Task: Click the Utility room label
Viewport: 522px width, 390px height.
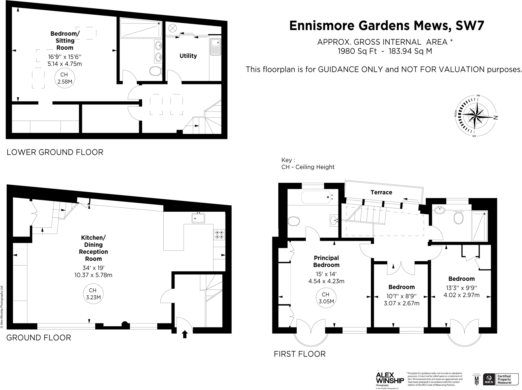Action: point(188,56)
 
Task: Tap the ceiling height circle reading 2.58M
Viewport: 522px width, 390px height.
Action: point(64,78)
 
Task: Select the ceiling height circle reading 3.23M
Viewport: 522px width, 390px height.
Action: point(93,294)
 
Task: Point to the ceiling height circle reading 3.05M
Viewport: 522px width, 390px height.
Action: point(326,298)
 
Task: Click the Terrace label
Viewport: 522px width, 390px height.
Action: point(381,192)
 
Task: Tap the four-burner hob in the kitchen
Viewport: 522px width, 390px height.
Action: point(219,235)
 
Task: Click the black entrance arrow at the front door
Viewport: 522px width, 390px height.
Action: point(185,334)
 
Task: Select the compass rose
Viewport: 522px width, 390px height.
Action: point(476,116)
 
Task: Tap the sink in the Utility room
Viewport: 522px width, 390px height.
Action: point(215,46)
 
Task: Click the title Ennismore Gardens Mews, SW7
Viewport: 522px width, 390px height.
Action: point(386,26)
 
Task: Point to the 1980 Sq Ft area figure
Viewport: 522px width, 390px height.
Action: point(357,51)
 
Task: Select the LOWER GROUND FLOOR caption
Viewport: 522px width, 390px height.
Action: point(55,152)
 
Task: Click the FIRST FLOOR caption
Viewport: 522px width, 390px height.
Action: point(299,354)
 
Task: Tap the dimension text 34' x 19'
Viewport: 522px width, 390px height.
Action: point(94,268)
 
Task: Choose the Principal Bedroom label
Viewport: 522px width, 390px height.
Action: point(326,261)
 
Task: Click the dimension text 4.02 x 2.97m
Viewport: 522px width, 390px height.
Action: point(461,295)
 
